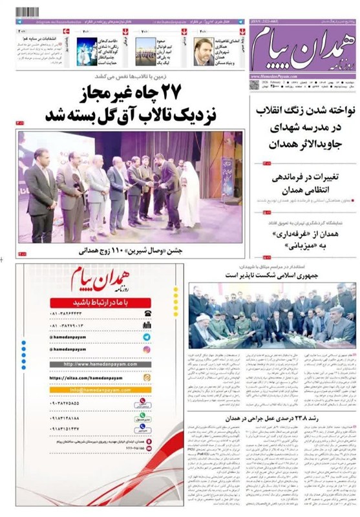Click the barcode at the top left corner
pyautogui.click(x=31, y=12)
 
